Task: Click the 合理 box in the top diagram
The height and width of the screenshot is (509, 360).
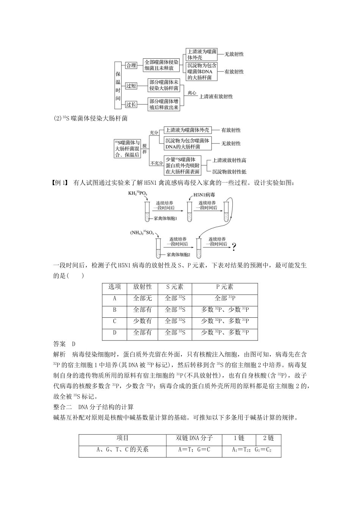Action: pos(131,66)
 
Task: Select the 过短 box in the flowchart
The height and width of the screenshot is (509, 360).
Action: pos(131,86)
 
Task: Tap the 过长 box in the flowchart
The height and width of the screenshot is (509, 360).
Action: pos(131,105)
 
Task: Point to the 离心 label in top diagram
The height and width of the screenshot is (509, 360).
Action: pos(192,92)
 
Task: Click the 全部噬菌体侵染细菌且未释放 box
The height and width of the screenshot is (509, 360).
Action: pos(161,66)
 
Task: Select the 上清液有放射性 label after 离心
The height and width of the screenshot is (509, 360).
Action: pos(216,97)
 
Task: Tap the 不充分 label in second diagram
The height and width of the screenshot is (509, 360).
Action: pos(155,163)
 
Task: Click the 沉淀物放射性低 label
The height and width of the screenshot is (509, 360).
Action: pos(229,171)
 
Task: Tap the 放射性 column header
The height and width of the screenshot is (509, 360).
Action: pos(142,287)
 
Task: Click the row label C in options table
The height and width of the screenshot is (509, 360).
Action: pos(114,321)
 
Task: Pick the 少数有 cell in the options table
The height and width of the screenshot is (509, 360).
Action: pos(142,321)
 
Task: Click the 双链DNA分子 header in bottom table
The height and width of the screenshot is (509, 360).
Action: pos(194,439)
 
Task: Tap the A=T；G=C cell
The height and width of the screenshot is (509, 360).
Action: pos(194,450)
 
